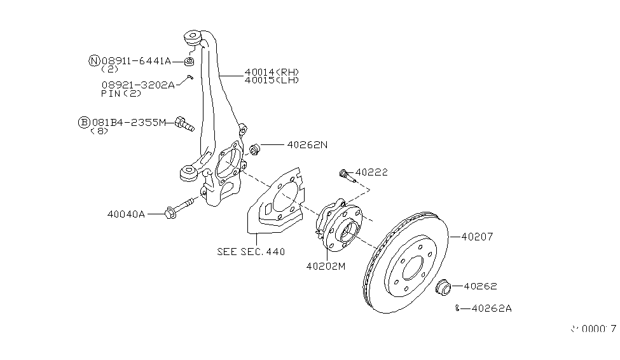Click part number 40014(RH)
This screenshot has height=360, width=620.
(272, 72)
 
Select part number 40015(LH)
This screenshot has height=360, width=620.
(272, 80)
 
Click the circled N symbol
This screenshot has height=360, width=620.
(94, 61)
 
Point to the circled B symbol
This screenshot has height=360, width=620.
(84, 121)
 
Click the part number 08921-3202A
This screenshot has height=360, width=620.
(137, 84)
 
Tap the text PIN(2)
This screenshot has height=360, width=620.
(121, 93)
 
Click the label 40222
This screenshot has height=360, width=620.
(371, 172)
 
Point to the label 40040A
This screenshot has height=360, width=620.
(126, 215)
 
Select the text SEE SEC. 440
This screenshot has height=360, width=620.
(251, 251)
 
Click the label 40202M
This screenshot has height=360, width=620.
(325, 266)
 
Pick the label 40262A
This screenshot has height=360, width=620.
(492, 308)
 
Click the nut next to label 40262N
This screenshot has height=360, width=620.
(255, 150)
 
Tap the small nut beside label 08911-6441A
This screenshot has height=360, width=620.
(189, 61)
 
